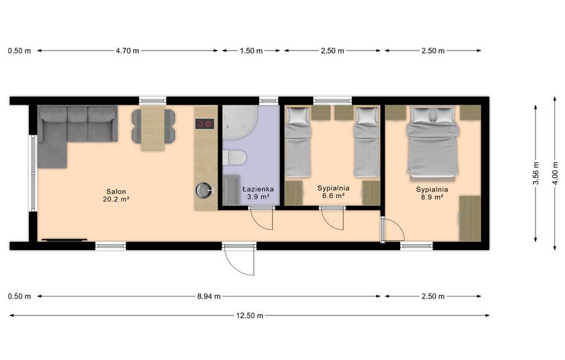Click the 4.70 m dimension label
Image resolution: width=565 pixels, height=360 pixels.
coord(127,51)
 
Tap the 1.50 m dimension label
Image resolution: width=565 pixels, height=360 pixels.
coord(251,51)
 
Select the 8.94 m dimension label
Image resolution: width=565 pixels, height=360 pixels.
coord(208,296)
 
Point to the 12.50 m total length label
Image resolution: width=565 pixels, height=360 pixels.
coord(250,316)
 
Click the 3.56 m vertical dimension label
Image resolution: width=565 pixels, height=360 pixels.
coord(536,173)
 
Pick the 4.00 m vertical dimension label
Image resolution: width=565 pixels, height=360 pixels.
coord(555,173)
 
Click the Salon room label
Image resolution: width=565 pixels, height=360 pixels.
coord(116,192)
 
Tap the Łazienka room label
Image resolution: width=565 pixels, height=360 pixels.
coord(258,189)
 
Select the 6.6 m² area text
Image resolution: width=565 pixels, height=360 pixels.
coord(333,196)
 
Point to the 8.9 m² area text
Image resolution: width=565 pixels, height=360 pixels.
coord(432,197)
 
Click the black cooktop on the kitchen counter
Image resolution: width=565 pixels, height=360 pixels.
coord(205,124)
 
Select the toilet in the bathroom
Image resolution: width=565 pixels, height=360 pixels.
coord(234,158)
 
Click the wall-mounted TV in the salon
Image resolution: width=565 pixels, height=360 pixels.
coord(65,239)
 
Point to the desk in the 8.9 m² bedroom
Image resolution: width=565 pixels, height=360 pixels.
coord(470,218)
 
